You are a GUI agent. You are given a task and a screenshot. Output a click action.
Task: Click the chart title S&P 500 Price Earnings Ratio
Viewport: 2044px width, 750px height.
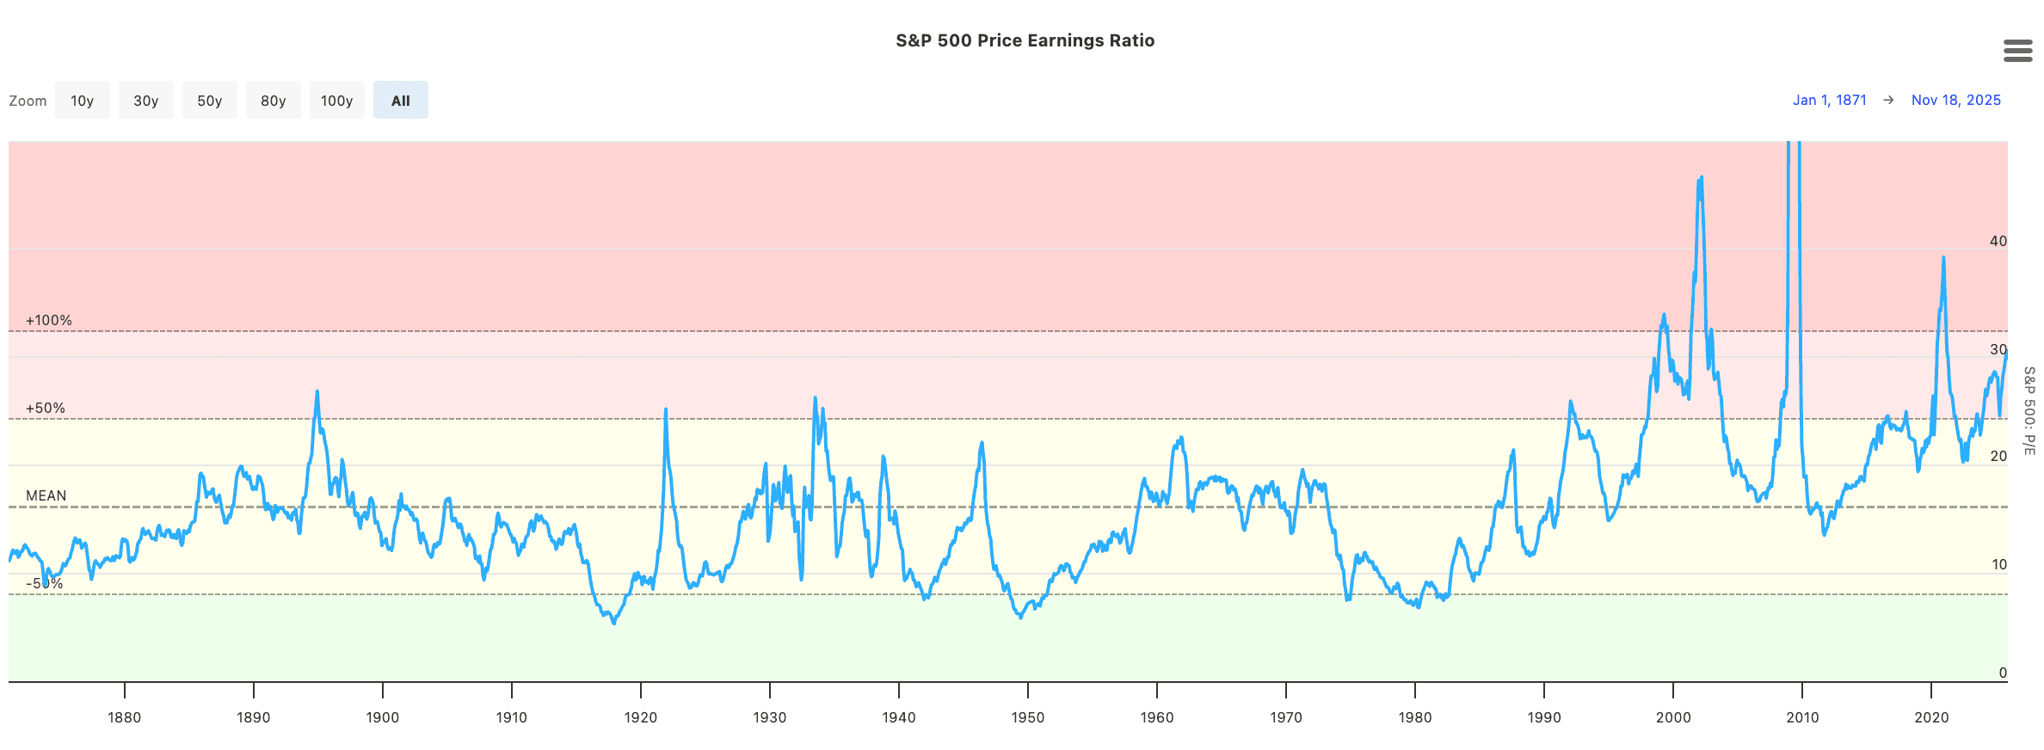pyautogui.click(x=1025, y=40)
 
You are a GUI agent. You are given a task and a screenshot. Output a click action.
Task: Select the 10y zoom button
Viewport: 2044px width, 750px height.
pyautogui.click(x=83, y=101)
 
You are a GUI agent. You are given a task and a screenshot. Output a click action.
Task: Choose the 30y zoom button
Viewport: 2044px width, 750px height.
pyautogui.click(x=146, y=101)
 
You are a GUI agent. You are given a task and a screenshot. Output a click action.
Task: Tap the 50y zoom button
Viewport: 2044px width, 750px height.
pyautogui.click(x=210, y=101)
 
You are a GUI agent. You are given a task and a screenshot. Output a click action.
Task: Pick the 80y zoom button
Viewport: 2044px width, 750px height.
pyautogui.click(x=274, y=101)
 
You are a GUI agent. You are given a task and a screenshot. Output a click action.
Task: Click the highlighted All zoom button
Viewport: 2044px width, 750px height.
pyautogui.click(x=401, y=101)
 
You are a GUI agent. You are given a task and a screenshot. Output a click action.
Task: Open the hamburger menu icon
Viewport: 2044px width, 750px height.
pyautogui.click(x=2017, y=51)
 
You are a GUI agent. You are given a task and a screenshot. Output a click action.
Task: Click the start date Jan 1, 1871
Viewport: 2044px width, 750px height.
pyautogui.click(x=1829, y=100)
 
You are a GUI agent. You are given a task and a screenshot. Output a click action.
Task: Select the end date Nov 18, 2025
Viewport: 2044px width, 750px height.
pyautogui.click(x=1955, y=100)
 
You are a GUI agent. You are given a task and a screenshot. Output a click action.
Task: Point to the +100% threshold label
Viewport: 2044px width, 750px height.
pyautogui.click(x=49, y=321)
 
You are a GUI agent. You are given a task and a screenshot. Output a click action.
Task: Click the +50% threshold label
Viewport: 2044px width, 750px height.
pyautogui.click(x=46, y=409)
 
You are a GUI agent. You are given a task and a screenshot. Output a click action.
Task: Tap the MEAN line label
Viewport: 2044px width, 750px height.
pyautogui.click(x=46, y=496)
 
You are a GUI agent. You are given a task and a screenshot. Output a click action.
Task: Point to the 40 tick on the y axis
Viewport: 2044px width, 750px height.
pyautogui.click(x=1998, y=242)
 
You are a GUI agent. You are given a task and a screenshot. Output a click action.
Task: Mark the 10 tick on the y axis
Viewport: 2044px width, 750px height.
pyautogui.click(x=1999, y=565)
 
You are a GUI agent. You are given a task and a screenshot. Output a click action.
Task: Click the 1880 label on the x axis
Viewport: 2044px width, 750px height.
pyautogui.click(x=125, y=717)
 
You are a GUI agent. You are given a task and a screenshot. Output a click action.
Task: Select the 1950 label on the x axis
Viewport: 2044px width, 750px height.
pyautogui.click(x=1028, y=717)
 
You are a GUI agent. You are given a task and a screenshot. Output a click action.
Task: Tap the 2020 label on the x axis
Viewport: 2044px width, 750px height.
pyautogui.click(x=1931, y=717)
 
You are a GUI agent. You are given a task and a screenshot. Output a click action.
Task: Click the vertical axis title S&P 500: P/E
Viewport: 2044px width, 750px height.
pyautogui.click(x=2029, y=411)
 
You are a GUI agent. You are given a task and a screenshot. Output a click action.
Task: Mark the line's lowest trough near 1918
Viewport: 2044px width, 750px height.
pyautogui.click(x=614, y=623)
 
